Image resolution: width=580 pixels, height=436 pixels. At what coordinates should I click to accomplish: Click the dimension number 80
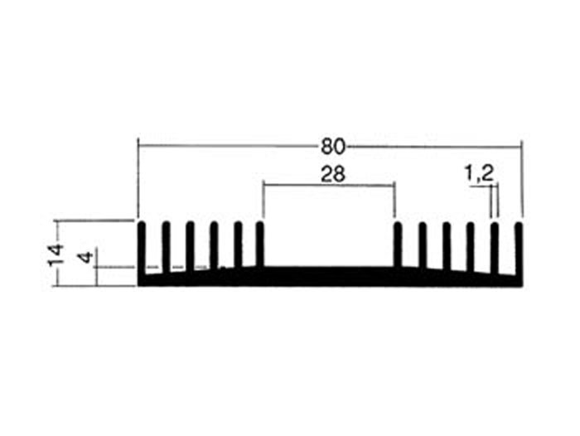point(331,147)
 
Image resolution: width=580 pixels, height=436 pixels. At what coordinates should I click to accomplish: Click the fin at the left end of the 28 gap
point(261,245)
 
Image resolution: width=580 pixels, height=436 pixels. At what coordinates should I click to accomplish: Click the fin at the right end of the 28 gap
point(397,245)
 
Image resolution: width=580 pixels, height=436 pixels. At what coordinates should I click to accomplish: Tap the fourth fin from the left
point(214,245)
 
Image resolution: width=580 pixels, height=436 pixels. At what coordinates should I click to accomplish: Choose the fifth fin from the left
point(238,245)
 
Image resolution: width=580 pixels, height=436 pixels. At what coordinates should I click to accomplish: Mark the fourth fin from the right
point(446,245)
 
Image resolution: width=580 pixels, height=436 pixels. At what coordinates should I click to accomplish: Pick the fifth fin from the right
point(422,245)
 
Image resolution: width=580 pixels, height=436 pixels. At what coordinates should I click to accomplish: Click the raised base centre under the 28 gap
point(329,275)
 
